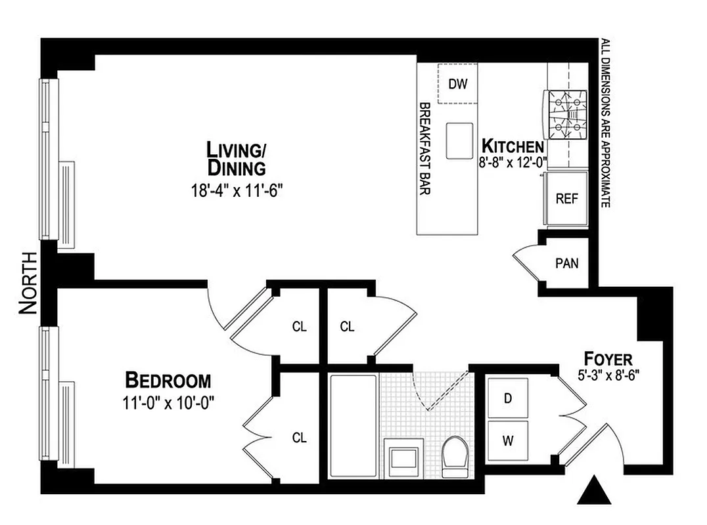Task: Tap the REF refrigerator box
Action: (566, 198)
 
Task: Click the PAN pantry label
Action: (566, 264)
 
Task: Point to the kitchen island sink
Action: (459, 140)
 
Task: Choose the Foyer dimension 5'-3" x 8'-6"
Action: (607, 377)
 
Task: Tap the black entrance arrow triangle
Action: (593, 491)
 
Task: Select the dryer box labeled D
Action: (508, 398)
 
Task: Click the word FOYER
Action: (608, 359)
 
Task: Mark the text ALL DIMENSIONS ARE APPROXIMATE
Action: (604, 125)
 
